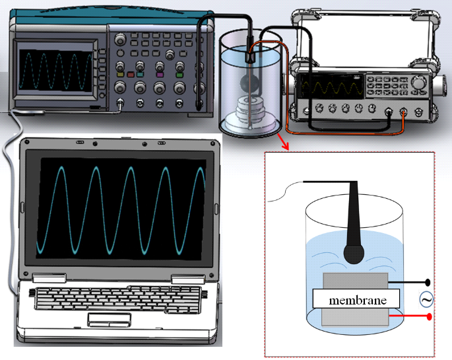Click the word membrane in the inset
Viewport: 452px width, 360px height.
point(357,300)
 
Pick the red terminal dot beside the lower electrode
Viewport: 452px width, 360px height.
point(430,318)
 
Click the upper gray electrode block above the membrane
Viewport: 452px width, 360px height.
point(355,281)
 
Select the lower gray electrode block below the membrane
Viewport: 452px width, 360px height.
point(355,316)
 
